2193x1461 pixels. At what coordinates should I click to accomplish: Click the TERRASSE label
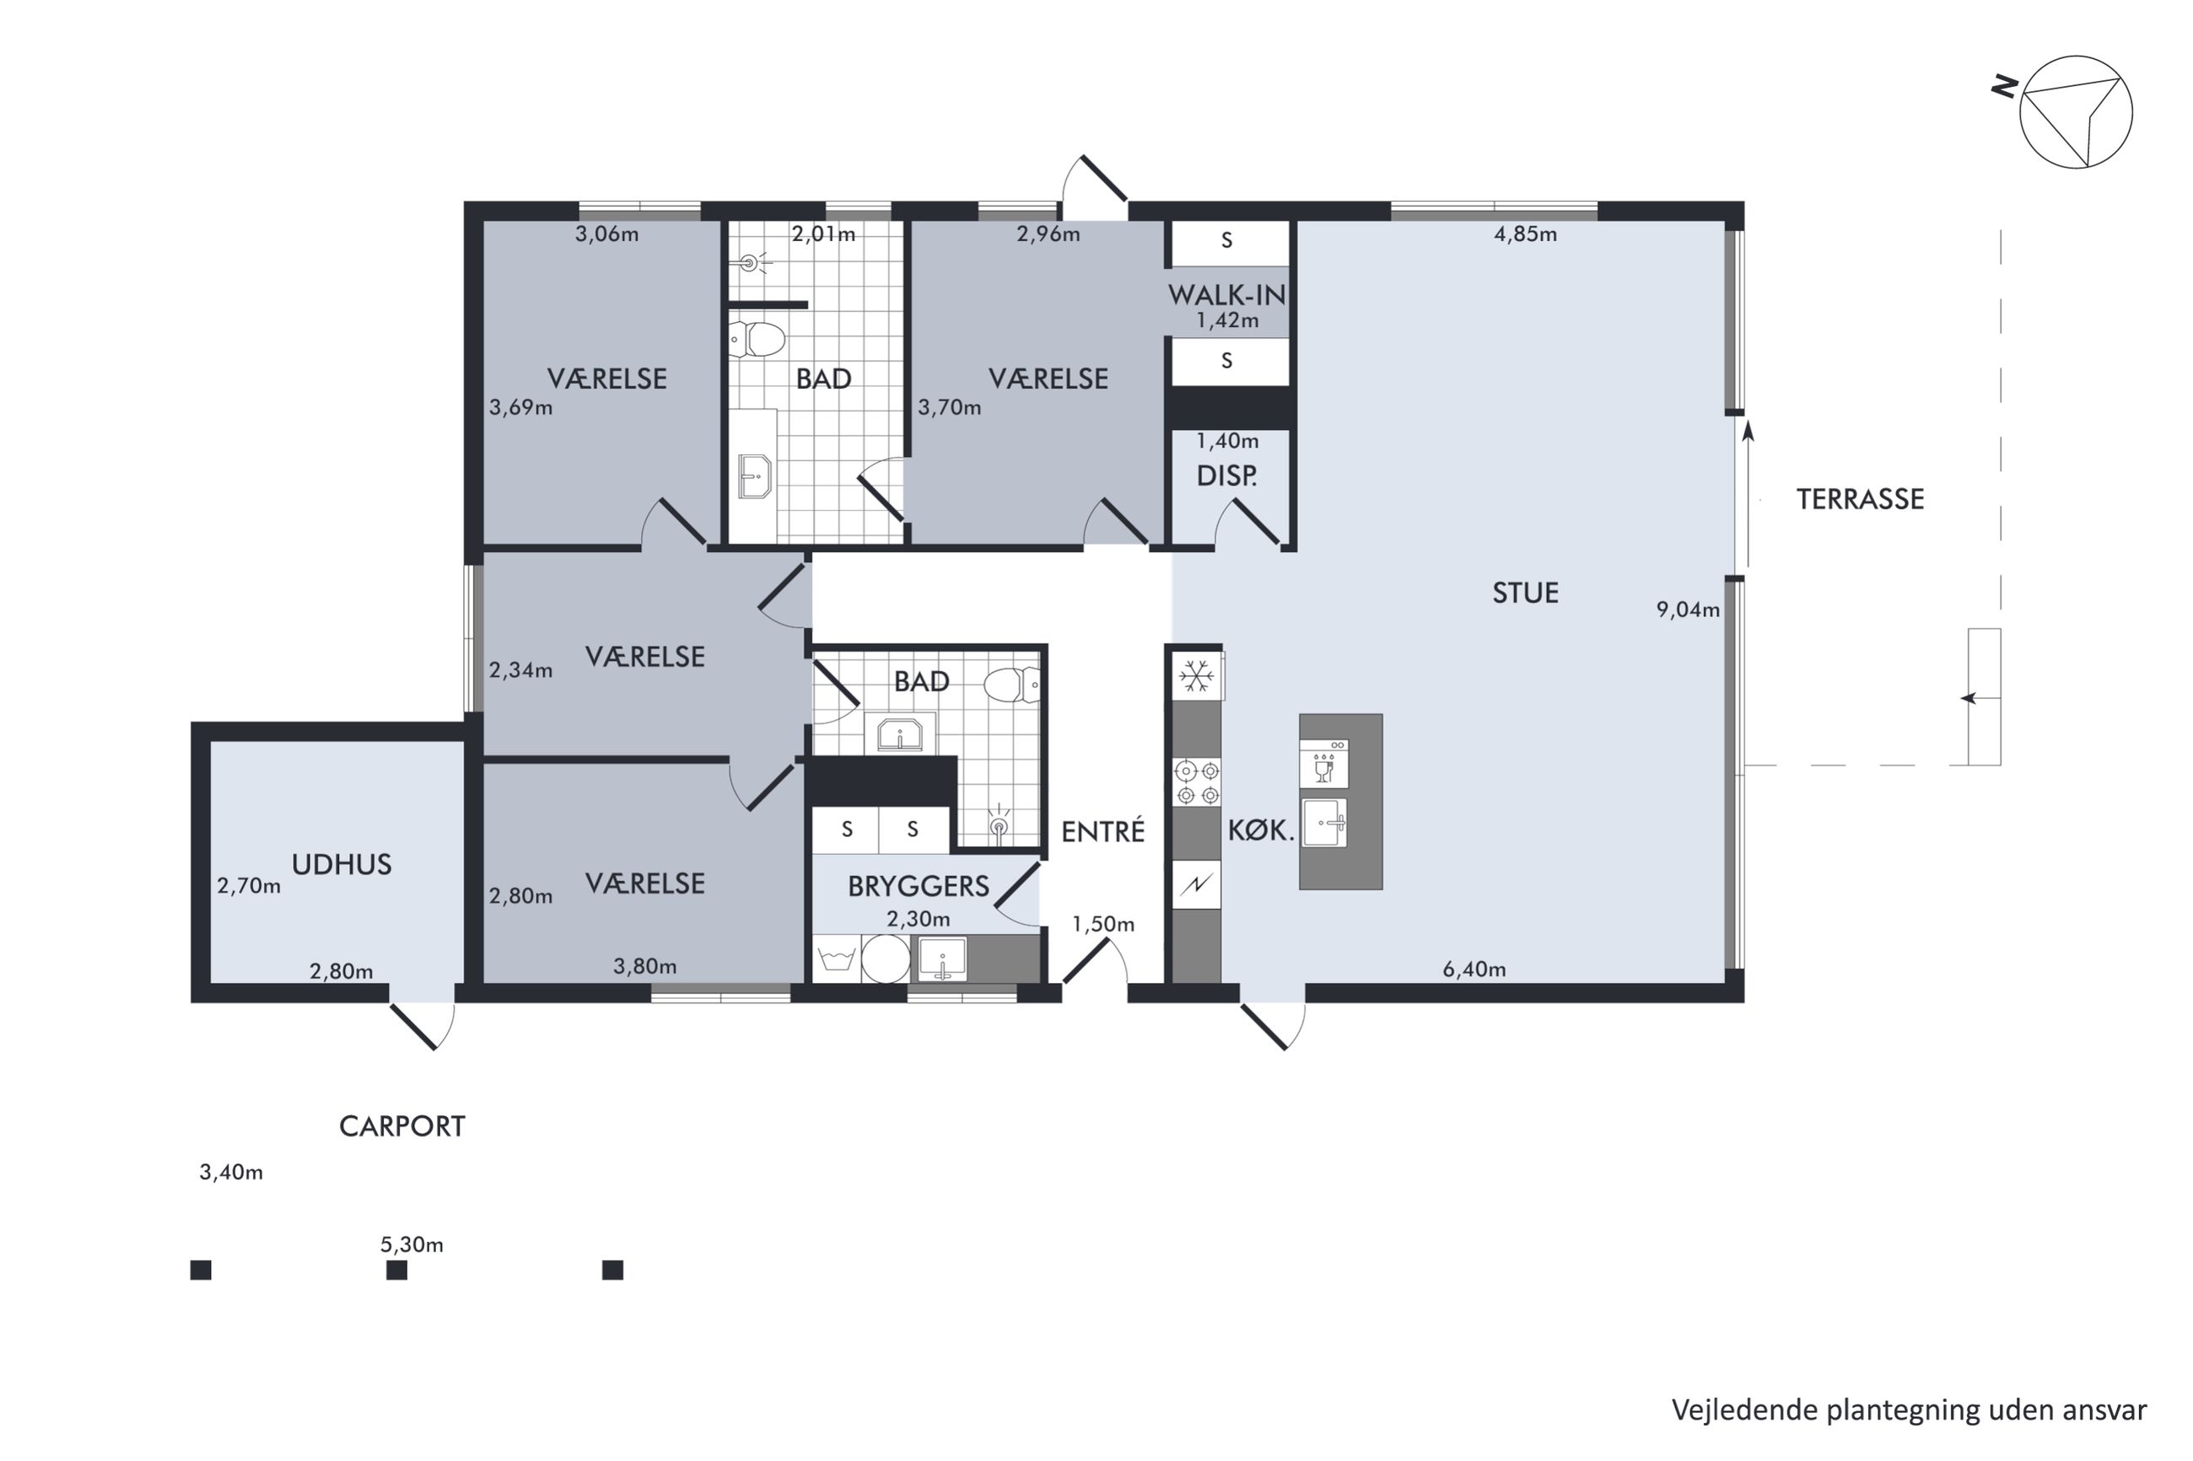coord(1859,499)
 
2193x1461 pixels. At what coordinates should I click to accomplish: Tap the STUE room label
coord(1525,593)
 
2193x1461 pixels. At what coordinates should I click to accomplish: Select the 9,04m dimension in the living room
coord(1687,610)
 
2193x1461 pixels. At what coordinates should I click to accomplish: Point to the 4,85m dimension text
coord(1525,234)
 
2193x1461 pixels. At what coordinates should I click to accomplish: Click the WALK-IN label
coord(1226,295)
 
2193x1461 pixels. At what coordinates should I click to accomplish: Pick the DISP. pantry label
coord(1226,476)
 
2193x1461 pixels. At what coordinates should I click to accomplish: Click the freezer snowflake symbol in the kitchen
coord(1196,675)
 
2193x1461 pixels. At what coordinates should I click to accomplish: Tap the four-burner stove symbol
coord(1197,782)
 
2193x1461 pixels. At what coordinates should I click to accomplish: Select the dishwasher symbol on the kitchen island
coord(1323,763)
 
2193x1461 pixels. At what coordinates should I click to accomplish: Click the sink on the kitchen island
coord(1323,823)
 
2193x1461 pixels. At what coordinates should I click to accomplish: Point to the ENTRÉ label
coord(1102,831)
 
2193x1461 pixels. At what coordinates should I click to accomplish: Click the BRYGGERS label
coord(918,886)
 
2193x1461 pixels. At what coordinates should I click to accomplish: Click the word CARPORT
coord(401,1126)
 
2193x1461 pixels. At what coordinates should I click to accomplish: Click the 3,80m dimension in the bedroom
coord(644,966)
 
